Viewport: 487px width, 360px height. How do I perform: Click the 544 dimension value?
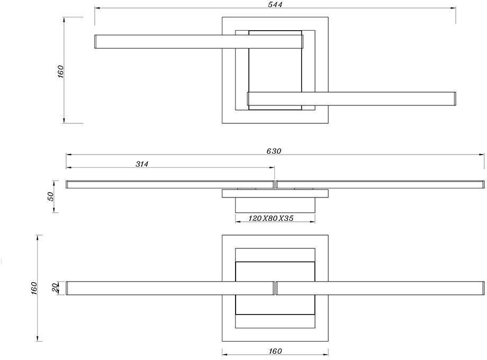click(275, 5)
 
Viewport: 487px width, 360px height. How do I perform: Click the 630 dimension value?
click(274, 151)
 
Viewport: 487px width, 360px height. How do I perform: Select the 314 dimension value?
click(142, 164)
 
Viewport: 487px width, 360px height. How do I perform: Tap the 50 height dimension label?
click(51, 196)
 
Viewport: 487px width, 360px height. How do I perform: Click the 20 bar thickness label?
click(56, 288)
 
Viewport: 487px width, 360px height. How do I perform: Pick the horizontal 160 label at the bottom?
click(275, 351)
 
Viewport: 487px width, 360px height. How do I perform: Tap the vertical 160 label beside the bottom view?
click(34, 289)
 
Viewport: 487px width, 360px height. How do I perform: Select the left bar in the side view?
click(169, 184)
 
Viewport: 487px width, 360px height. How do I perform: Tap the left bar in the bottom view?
click(169, 288)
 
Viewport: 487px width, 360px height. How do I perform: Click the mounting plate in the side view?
click(275, 193)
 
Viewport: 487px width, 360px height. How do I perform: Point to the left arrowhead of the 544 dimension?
click(97, 8)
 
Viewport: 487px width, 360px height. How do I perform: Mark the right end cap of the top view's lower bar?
click(454, 99)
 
